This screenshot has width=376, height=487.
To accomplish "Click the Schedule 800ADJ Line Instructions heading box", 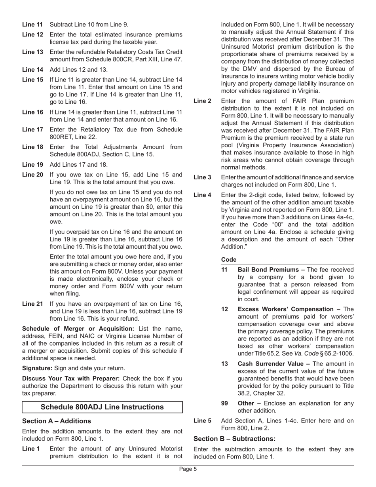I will coord(102,407).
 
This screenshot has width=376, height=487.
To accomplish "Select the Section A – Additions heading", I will coord(57,421).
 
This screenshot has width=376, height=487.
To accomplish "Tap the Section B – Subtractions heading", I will coord(234,439).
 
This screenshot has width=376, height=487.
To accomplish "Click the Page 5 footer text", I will coord(188,469).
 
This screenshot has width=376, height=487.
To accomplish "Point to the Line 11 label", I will coord(32,25).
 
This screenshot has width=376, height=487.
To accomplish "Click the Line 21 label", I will coord(32,304).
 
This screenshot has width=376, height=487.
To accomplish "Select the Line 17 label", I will coord(32,129).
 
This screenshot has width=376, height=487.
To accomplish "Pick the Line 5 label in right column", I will coord(202,421).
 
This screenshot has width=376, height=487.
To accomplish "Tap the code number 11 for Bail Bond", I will coord(224,270).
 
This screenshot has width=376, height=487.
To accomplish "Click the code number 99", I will coord(224,403).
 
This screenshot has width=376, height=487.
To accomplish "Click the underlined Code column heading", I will coord(228,260).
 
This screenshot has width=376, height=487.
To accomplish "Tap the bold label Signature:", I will coord(37,368).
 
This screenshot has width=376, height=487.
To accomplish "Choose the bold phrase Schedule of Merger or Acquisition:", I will coord(78,329).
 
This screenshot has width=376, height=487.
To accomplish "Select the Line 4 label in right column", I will coord(202,195).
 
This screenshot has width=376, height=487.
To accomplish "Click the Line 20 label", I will coord(32,175).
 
